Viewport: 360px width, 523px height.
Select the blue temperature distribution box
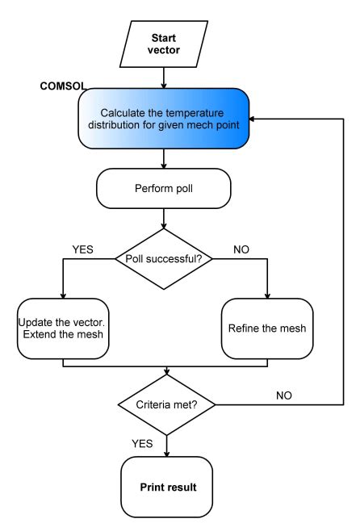click(x=166, y=119)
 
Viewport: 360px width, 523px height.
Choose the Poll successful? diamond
click(x=165, y=260)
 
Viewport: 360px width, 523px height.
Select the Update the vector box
click(x=62, y=328)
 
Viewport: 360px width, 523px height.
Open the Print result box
click(x=166, y=487)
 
